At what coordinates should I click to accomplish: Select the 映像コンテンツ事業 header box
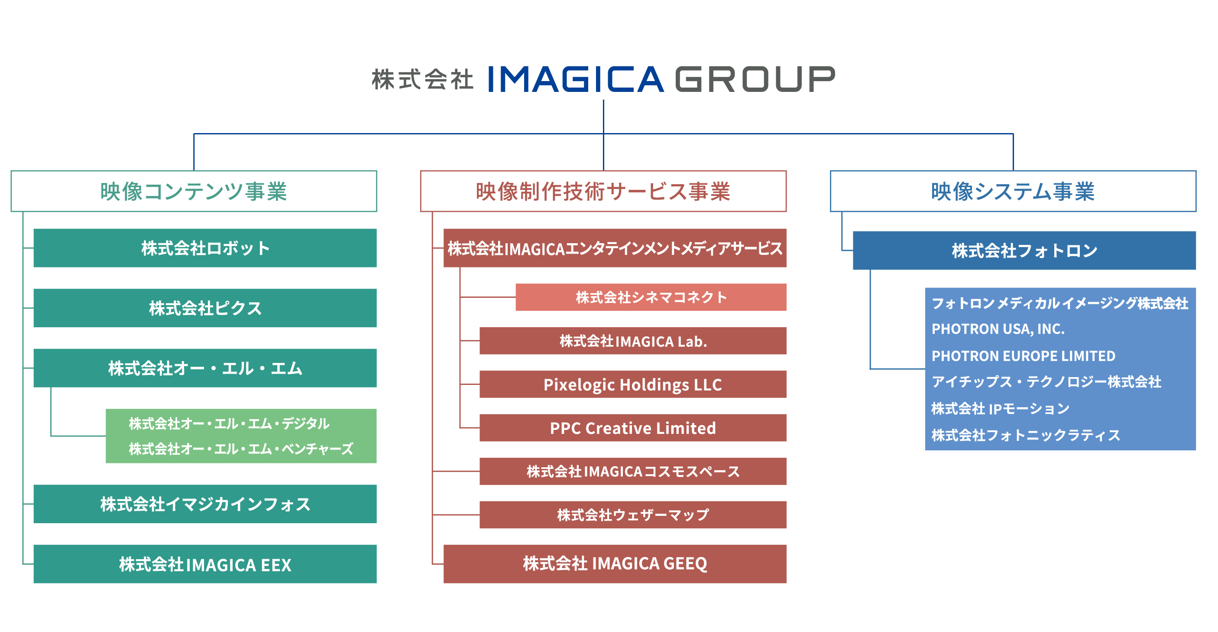pos(194,191)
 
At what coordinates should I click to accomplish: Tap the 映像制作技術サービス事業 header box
pos(603,191)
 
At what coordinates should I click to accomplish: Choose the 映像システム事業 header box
pos(1013,191)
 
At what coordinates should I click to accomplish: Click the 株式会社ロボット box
pos(205,248)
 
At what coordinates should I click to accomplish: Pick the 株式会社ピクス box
pos(205,308)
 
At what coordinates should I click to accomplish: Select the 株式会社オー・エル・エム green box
pos(205,368)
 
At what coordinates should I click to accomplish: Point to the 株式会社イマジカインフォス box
pos(205,504)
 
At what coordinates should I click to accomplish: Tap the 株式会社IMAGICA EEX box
pos(205,564)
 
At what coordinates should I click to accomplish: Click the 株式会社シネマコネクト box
pos(651,297)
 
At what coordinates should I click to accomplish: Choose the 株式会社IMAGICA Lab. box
pos(633,341)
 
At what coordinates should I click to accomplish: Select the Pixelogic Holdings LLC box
pos(633,384)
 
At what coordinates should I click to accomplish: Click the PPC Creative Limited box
pos(633,428)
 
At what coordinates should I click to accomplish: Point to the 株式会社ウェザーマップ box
pos(633,515)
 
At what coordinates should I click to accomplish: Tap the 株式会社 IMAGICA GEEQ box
pos(615,564)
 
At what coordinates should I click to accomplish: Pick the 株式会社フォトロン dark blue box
pos(1025,250)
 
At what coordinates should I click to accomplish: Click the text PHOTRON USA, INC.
pos(998,329)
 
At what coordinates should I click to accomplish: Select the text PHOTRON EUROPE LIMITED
pos(1023,356)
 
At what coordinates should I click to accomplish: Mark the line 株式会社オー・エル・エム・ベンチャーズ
pos(241,449)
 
